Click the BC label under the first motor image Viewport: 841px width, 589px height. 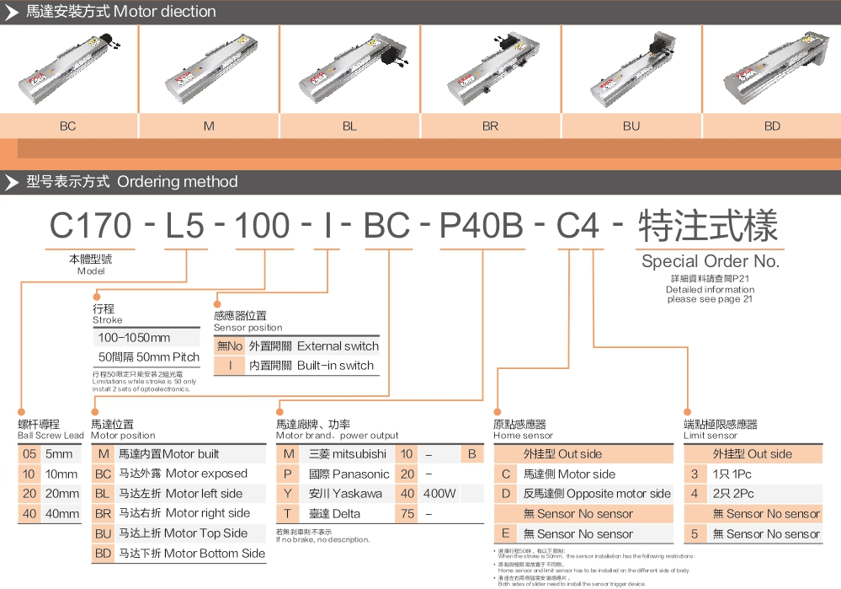tap(67, 126)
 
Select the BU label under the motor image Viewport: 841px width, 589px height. tap(631, 126)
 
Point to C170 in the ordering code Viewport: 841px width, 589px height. tap(91, 227)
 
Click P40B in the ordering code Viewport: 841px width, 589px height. tap(482, 227)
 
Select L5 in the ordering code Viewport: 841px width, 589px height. tap(185, 227)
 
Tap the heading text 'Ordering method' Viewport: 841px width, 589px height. tap(178, 182)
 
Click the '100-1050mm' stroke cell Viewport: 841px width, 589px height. tap(135, 338)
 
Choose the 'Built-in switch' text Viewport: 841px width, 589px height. tap(335, 366)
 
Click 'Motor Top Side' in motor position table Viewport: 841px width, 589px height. tap(205, 533)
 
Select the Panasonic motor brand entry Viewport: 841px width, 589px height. tap(349, 474)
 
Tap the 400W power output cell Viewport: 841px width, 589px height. tap(439, 494)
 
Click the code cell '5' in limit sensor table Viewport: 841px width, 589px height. tap(695, 534)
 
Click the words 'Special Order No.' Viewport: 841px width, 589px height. tap(710, 261)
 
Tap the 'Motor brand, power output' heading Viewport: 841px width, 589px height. tap(338, 436)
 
